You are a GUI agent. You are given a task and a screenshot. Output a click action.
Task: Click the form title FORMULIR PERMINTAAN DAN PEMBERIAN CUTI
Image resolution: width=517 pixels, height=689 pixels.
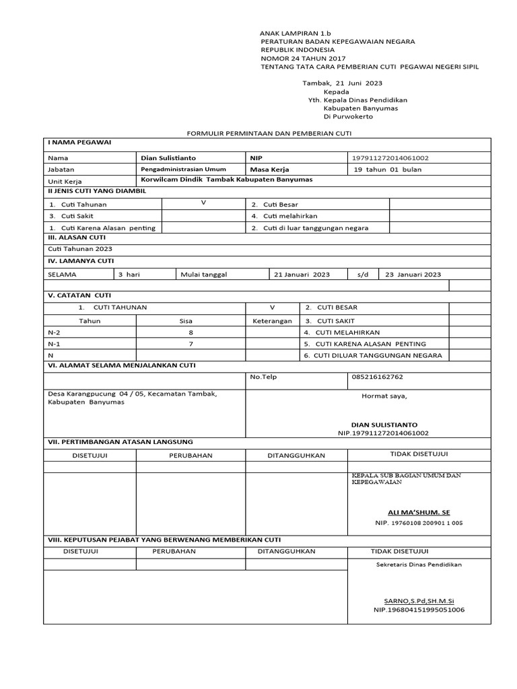[x=267, y=135]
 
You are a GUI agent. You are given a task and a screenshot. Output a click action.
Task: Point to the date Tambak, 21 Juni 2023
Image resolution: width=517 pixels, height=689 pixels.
[x=343, y=82]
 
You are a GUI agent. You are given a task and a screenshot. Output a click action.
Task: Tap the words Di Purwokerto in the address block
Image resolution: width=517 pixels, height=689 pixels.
[x=348, y=116]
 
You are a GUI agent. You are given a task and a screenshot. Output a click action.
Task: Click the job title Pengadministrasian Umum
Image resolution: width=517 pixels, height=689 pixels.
[x=183, y=170]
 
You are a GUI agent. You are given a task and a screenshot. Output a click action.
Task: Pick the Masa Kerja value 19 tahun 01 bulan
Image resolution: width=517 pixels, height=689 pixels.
[x=388, y=170]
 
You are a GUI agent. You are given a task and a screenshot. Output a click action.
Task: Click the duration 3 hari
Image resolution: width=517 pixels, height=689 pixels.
[x=129, y=275]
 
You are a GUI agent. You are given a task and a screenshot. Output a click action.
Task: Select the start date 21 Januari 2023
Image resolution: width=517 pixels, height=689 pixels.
[x=302, y=275]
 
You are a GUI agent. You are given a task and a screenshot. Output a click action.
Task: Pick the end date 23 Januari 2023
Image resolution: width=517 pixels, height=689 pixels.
[x=413, y=275]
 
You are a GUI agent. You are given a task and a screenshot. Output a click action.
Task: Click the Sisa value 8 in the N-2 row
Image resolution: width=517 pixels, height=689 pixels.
[x=191, y=333]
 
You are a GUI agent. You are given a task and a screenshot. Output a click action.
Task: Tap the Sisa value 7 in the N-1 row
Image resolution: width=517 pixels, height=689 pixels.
[x=191, y=344]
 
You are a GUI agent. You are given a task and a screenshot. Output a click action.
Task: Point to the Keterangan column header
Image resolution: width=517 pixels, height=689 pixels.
[x=272, y=321]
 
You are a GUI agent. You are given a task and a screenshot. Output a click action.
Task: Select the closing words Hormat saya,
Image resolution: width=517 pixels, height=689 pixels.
[x=384, y=396]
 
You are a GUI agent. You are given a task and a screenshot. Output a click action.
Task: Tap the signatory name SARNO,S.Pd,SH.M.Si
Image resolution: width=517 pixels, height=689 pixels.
[x=419, y=600]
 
